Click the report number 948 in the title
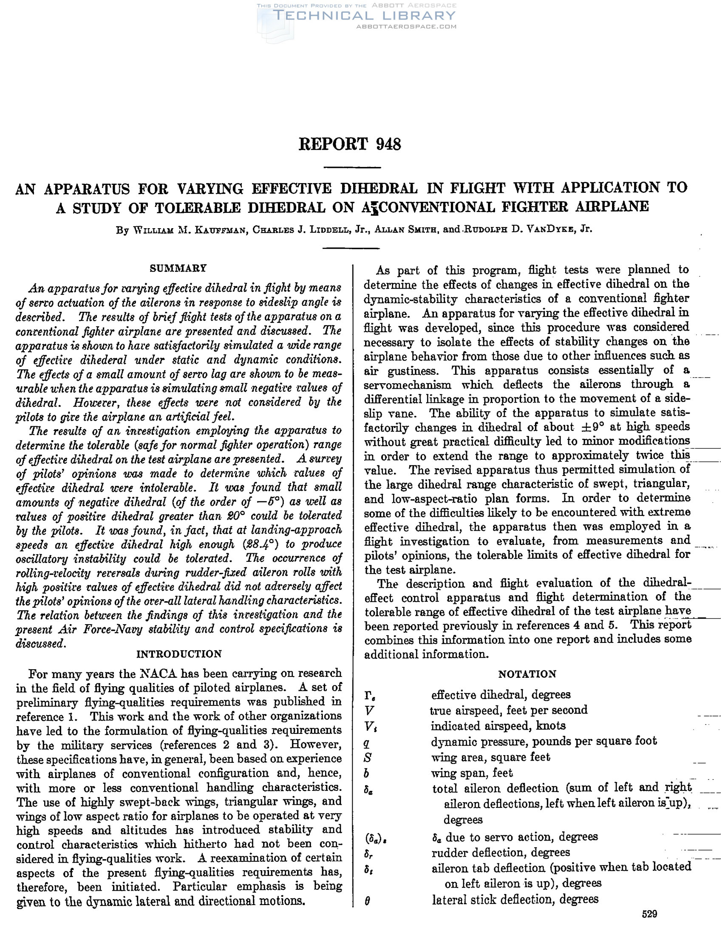pyautogui.click(x=388, y=144)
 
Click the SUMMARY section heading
pyautogui.click(x=178, y=268)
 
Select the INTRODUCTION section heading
pyautogui.click(x=179, y=654)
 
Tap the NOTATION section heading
pyautogui.click(x=527, y=674)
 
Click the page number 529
pyautogui.click(x=649, y=914)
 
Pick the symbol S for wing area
pyautogui.click(x=368, y=757)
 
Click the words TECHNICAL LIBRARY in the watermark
pyautogui.click(x=365, y=16)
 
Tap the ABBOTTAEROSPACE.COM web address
pyautogui.click(x=406, y=26)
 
